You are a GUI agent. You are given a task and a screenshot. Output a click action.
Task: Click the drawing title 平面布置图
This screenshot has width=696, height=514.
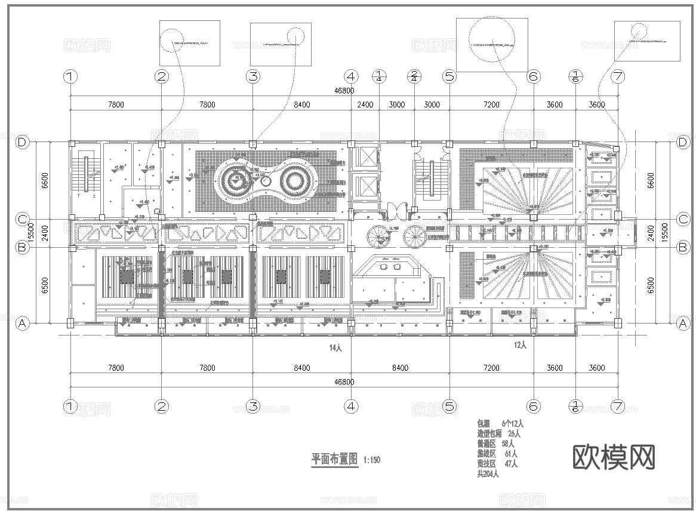[x=335, y=459]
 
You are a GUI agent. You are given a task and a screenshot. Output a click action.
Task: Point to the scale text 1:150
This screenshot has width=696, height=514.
[x=371, y=460]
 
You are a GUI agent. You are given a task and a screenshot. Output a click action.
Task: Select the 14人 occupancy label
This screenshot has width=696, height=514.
[x=335, y=347]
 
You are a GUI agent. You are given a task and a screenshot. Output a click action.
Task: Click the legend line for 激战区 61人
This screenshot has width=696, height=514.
[x=496, y=454]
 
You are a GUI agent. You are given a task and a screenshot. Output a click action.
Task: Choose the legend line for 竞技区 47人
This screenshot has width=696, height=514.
[x=496, y=464]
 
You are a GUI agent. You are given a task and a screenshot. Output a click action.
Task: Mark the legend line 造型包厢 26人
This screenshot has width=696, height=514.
[x=498, y=433]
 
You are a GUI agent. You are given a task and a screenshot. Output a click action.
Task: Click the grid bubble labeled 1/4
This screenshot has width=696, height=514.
[x=379, y=76]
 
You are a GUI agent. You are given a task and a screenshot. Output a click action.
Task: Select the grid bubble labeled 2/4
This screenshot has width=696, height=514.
[x=414, y=76]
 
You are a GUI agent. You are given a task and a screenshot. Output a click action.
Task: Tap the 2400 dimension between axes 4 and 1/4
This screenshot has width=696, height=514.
[x=365, y=105]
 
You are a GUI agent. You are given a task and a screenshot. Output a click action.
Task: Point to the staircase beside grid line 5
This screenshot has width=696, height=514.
[x=429, y=179]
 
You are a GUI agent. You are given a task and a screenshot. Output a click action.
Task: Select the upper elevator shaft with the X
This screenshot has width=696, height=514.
[x=365, y=157]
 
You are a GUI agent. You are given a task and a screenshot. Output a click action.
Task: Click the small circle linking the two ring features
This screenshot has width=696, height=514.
[x=265, y=180]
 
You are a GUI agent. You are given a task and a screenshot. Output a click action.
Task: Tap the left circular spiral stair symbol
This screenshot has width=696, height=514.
[x=377, y=236]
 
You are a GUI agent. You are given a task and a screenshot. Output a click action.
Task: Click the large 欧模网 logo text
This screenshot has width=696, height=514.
[x=614, y=457]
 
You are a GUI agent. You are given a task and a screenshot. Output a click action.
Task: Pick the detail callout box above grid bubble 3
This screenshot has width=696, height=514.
[x=280, y=44]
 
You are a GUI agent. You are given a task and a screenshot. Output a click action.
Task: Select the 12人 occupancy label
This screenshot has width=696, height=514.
[x=520, y=344]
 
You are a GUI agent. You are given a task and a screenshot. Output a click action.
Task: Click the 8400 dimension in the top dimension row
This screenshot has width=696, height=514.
[x=301, y=105]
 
